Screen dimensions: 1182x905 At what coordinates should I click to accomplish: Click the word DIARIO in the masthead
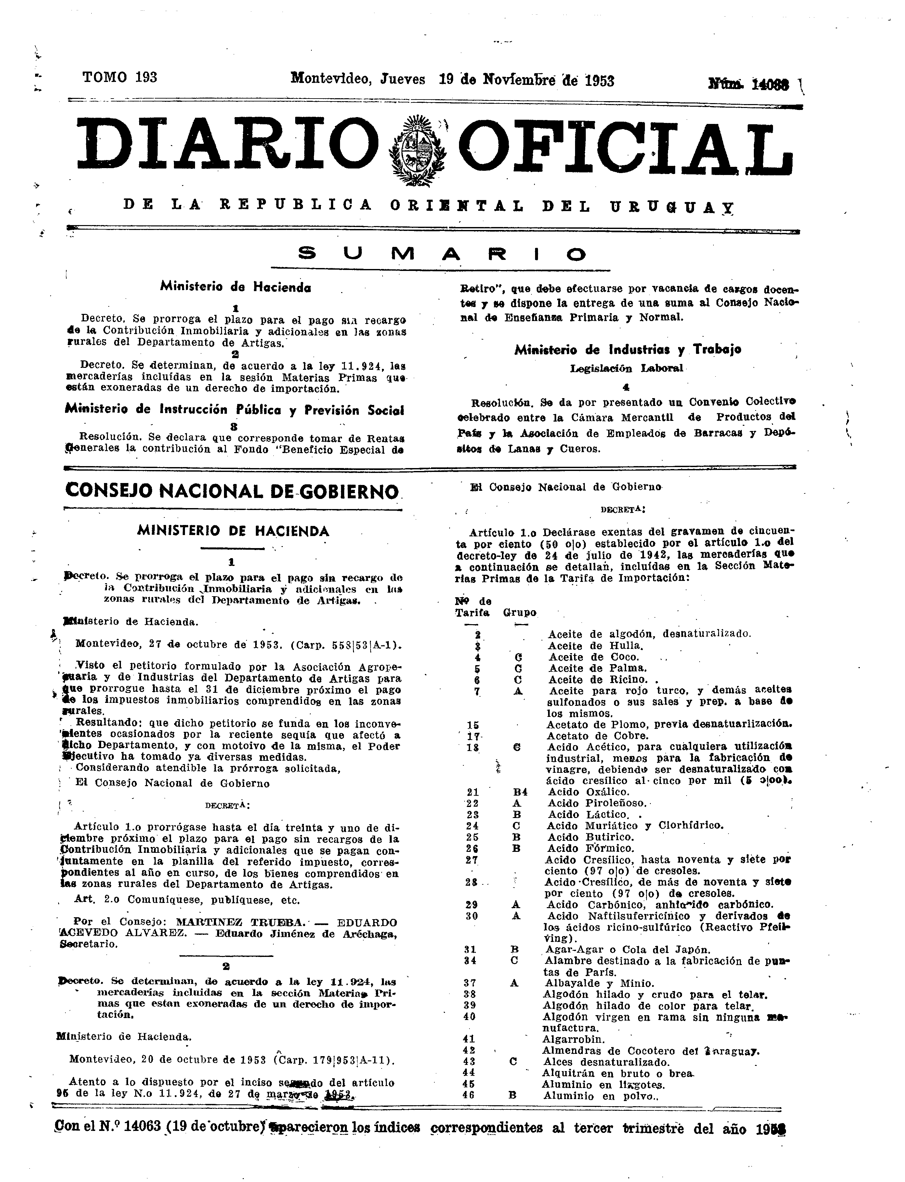(226, 145)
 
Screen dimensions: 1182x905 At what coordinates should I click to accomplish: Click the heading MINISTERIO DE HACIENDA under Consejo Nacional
(233, 531)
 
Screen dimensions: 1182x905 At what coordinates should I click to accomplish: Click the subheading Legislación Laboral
(626, 368)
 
